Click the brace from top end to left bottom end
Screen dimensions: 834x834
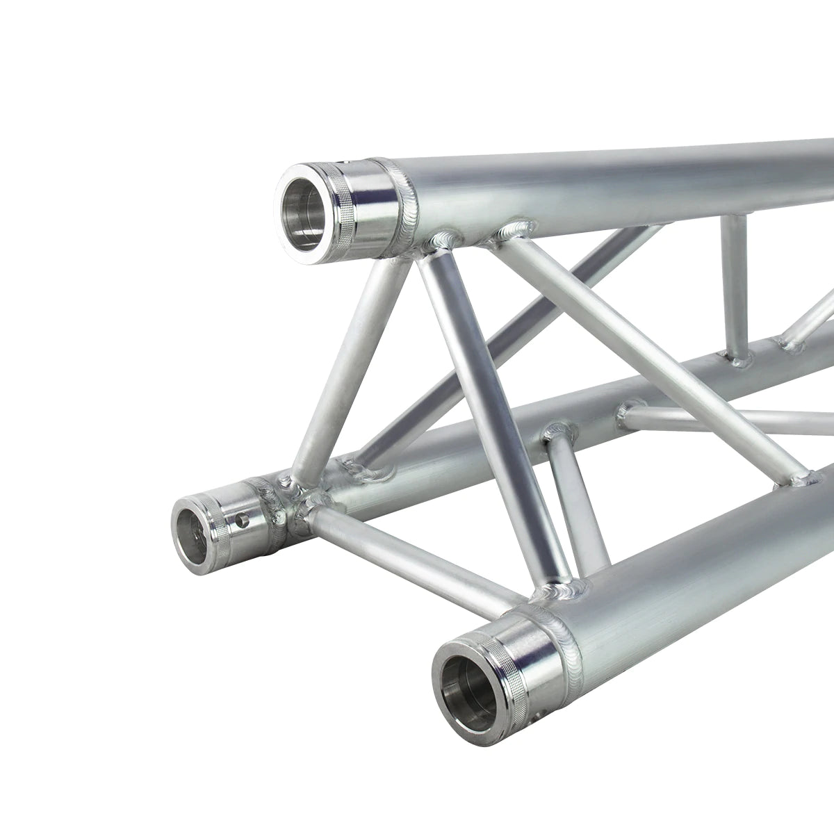click(x=344, y=361)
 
